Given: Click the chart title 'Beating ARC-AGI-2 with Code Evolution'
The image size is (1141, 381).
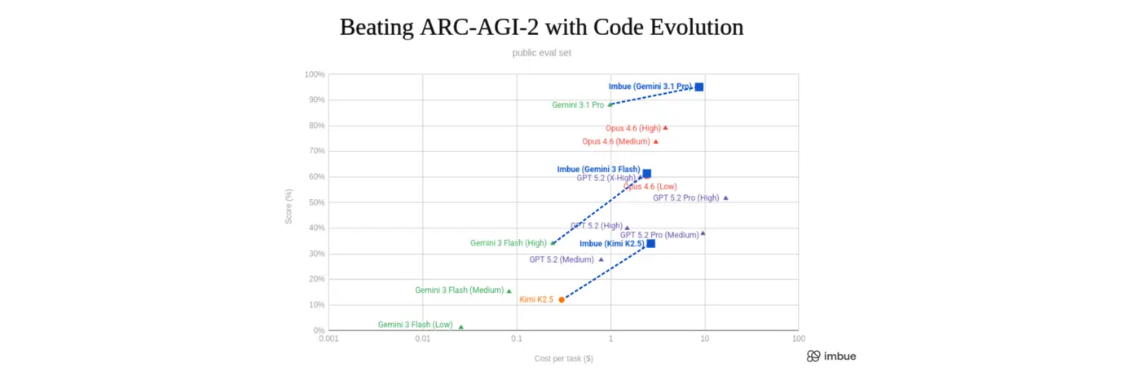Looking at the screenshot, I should pyautogui.click(x=541, y=27).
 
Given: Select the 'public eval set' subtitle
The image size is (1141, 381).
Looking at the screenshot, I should pyautogui.click(x=541, y=53).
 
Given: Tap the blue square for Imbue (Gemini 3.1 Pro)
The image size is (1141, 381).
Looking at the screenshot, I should pyautogui.click(x=699, y=86).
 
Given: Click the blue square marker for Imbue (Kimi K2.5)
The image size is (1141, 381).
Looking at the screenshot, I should pyautogui.click(x=650, y=243).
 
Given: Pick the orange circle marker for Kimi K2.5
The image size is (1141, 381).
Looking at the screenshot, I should pyautogui.click(x=562, y=299).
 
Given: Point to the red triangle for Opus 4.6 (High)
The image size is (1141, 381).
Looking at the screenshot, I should pyautogui.click(x=666, y=127).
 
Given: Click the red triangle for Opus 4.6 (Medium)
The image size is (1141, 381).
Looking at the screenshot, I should pyautogui.click(x=656, y=141).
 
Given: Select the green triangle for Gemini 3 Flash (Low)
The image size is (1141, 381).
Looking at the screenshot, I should pyautogui.click(x=461, y=326).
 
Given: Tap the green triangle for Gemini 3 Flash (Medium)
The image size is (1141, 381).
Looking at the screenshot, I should pyautogui.click(x=509, y=290).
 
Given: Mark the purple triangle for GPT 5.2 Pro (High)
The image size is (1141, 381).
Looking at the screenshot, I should pyautogui.click(x=725, y=197).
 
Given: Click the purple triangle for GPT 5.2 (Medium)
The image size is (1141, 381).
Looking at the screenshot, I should pyautogui.click(x=601, y=259).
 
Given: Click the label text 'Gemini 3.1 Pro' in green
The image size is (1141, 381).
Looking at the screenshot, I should pyautogui.click(x=577, y=104).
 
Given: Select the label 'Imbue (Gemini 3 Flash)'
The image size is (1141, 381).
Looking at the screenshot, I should pyautogui.click(x=598, y=170).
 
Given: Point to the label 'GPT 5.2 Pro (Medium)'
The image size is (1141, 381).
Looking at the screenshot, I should pyautogui.click(x=659, y=235).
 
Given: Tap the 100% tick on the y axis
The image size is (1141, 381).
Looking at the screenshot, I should pyautogui.click(x=315, y=74).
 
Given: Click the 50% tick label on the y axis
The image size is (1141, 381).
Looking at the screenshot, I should pyautogui.click(x=316, y=202).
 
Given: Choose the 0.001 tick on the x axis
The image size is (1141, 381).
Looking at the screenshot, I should pyautogui.click(x=328, y=338).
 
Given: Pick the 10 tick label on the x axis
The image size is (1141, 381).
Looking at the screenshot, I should pyautogui.click(x=705, y=338).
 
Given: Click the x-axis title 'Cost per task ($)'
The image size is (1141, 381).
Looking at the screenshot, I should pyautogui.click(x=563, y=358).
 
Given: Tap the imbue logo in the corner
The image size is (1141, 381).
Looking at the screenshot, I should pyautogui.click(x=831, y=357).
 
